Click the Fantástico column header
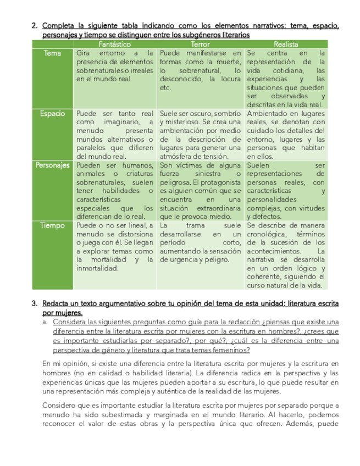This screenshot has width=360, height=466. point(114,43)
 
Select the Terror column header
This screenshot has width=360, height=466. point(200,43)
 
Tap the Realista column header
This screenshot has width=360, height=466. point(286,43)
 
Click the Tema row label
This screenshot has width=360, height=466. point(53,53)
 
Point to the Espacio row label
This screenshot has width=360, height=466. point(53,113)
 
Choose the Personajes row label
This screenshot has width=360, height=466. point(53,165)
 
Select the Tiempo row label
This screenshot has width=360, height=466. point(53,225)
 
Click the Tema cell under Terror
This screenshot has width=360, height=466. point(200,70)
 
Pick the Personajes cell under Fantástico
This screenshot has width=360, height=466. point(115,191)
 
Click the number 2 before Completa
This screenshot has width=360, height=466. point(35,25)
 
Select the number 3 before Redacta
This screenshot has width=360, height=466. point(35,303)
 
